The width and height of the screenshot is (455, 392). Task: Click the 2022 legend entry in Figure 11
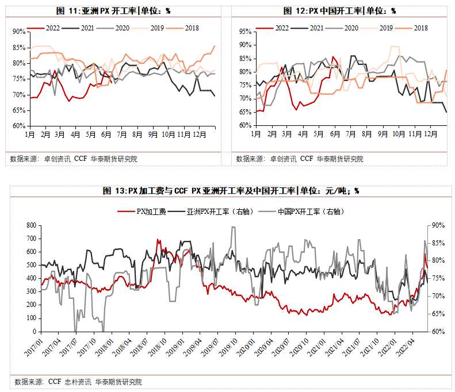(x=49, y=28)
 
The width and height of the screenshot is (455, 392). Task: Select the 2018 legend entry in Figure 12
(x=420, y=28)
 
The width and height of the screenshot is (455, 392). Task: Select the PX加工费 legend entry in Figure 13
(x=151, y=212)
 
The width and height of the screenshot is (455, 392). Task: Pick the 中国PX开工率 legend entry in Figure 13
(x=311, y=212)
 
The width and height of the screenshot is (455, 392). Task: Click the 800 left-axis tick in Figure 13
(x=31, y=225)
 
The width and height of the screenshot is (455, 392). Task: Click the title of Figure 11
(x=113, y=11)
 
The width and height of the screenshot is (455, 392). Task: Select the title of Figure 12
(x=340, y=11)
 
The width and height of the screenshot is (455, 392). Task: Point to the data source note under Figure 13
(x=78, y=382)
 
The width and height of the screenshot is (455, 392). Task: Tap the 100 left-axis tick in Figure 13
(x=31, y=318)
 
